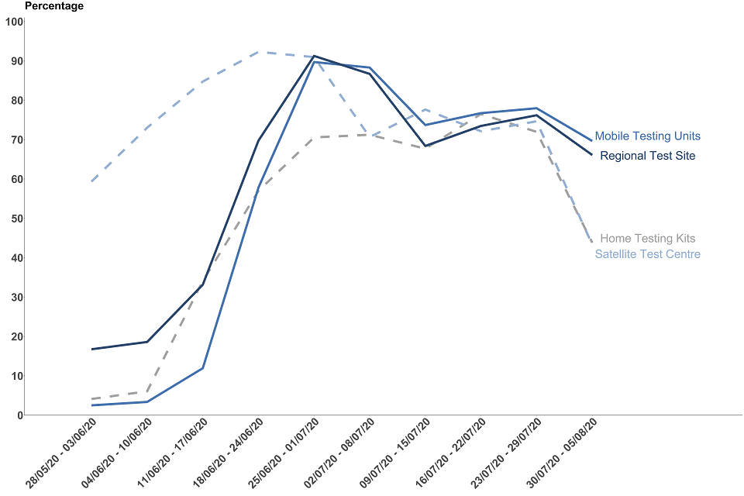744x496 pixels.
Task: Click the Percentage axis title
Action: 54,6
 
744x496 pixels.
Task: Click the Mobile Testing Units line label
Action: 647,136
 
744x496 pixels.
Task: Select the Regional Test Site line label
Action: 647,156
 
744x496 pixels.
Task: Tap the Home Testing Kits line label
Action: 647,239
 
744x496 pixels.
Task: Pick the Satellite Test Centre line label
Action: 647,254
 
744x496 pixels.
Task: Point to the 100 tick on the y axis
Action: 13,22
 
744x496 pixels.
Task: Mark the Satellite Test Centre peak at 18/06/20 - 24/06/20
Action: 258,52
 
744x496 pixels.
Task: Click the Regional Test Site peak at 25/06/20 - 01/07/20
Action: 314,56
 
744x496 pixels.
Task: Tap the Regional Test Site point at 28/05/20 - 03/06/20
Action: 91,350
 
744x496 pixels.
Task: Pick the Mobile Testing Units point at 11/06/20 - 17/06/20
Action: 203,368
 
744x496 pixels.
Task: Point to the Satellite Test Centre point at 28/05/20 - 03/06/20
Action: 91,181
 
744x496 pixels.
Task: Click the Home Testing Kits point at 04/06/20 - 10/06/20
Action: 147,391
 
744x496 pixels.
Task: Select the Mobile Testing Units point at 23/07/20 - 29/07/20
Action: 536,108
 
